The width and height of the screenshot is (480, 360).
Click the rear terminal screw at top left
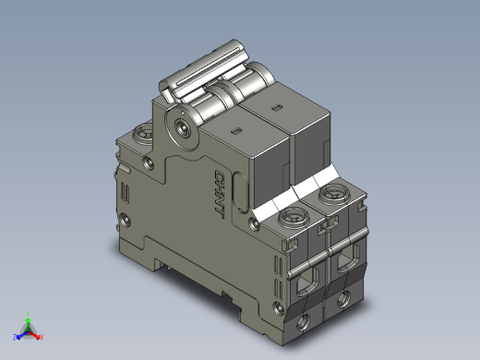pyautogui.click(x=143, y=136)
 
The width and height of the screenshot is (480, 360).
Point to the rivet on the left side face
pyautogui.click(x=125, y=221)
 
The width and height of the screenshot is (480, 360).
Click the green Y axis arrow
pyautogui.click(x=29, y=316)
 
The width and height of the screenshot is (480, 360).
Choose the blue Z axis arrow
pyautogui.click(x=18, y=334)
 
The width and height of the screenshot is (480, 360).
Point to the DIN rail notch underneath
pyautogui.click(x=167, y=268)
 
